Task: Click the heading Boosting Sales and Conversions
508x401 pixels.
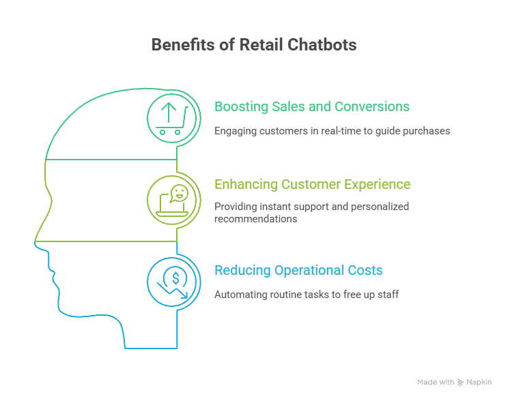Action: [312, 106]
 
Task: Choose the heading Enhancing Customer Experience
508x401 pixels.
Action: [312, 184]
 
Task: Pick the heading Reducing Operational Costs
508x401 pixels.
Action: [298, 270]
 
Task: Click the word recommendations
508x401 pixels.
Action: [255, 219]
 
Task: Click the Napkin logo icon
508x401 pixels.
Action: [461, 383]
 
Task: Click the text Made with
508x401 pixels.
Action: [435, 383]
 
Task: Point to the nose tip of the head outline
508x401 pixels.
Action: [36, 240]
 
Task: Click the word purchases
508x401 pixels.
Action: [428, 130]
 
